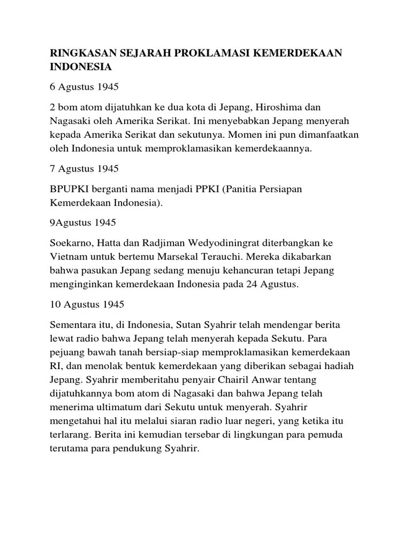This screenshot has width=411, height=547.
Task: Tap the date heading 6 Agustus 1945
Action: [84, 87]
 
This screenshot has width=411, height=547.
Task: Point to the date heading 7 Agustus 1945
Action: [84, 169]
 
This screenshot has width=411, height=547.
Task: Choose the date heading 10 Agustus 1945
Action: [87, 304]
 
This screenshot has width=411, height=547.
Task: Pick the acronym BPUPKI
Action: [72, 190]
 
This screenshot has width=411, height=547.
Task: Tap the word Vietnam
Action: [70, 257]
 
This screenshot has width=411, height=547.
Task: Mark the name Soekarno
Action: [72, 243]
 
